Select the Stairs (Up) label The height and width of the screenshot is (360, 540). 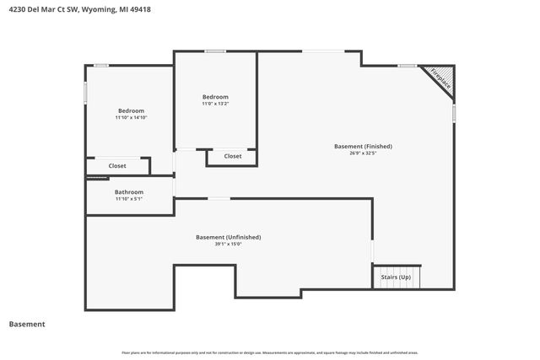[x=396, y=277]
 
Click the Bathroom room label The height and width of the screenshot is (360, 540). [x=129, y=191]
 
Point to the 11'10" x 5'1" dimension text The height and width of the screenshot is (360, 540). [x=129, y=199]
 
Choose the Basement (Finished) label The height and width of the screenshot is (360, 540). [x=363, y=146]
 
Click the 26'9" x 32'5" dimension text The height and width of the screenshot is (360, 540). [x=363, y=153]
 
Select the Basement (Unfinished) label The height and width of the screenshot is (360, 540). [x=228, y=237]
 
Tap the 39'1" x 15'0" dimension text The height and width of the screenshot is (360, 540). [x=228, y=244]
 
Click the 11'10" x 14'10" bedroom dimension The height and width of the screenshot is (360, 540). [x=131, y=118]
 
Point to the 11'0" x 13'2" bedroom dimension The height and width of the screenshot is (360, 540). [x=215, y=104]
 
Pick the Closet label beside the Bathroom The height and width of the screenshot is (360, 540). [x=117, y=166]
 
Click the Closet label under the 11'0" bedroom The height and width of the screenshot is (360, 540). [x=233, y=156]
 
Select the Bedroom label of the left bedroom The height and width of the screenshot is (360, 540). [x=131, y=110]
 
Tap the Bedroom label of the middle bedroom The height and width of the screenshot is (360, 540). [x=215, y=96]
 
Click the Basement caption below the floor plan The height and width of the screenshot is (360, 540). [x=27, y=324]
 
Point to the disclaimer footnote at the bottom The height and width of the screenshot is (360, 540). [x=270, y=352]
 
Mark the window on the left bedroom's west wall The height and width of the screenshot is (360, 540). [x=85, y=92]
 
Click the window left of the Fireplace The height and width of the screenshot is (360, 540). [x=408, y=65]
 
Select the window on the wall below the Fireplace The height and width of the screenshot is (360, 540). [x=455, y=111]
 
